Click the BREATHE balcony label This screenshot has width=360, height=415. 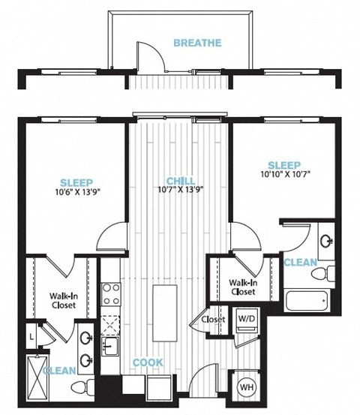[197, 43]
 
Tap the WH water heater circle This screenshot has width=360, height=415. [247, 387]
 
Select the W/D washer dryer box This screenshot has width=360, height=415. [247, 319]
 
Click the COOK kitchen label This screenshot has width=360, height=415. [148, 362]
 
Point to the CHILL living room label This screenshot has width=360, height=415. [181, 181]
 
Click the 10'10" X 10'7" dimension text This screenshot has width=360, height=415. [286, 174]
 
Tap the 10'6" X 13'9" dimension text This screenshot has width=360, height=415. [78, 191]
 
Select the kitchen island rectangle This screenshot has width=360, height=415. [164, 313]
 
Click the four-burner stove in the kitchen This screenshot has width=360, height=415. [111, 294]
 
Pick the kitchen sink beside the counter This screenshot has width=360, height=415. [110, 346]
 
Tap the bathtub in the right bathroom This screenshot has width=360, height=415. [307, 301]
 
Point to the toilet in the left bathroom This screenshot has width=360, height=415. [82, 386]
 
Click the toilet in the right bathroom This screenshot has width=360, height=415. [323, 273]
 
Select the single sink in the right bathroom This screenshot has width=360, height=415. [326, 241]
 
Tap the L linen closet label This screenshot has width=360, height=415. [31, 337]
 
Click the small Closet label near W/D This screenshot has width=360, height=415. [213, 320]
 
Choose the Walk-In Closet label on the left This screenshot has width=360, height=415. [64, 300]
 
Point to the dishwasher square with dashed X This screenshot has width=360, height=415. [110, 324]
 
